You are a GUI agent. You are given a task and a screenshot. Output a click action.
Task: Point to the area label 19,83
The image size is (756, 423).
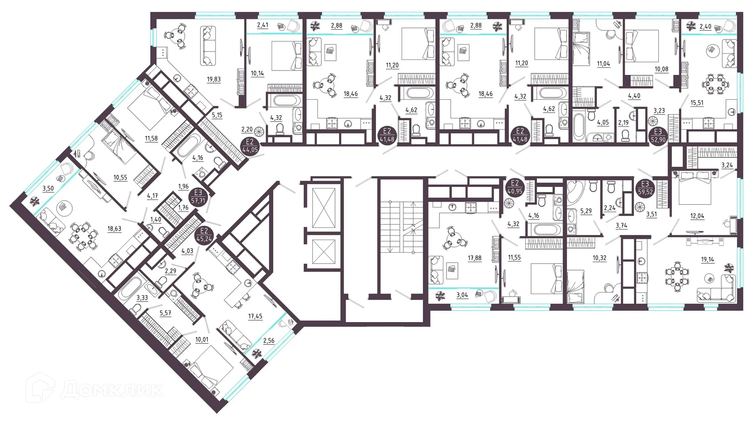[x=213, y=79]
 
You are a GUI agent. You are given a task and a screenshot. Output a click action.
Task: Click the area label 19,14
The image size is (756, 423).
[x=707, y=259]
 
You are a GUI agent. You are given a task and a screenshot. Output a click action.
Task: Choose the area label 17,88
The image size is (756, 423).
[x=474, y=258]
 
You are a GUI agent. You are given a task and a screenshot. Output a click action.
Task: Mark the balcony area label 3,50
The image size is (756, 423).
[x=48, y=188]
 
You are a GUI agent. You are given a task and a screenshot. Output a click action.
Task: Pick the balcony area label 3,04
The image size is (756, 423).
[x=462, y=295]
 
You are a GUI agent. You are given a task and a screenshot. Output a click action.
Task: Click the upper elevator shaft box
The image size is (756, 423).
[x=323, y=208]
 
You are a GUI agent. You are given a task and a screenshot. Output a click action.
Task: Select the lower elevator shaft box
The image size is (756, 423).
[x=323, y=252]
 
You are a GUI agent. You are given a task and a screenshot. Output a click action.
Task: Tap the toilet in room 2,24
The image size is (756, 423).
[x=611, y=187]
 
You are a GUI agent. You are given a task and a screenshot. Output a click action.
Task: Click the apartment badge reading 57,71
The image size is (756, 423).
[x=198, y=196]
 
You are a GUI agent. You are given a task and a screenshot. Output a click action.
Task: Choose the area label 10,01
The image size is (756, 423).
[x=202, y=339]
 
